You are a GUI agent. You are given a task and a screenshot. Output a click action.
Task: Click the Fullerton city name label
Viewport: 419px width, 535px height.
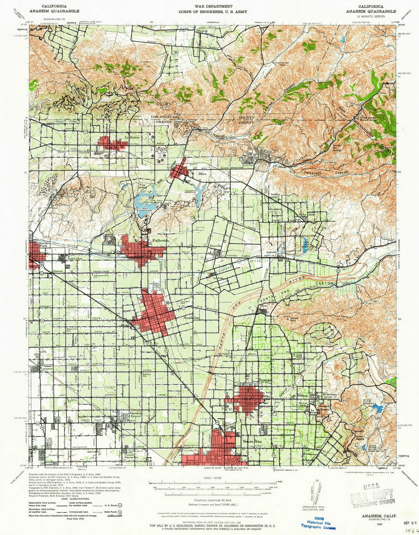pyautogui.click(x=161, y=241)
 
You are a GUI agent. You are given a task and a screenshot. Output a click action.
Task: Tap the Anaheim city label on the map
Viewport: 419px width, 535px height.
pyautogui.click(x=191, y=317)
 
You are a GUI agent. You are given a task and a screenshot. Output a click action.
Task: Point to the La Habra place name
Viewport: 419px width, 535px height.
pyautogui.click(x=132, y=137)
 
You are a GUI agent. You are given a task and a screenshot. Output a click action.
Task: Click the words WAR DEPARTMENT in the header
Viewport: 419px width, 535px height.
pyautogui.click(x=213, y=7)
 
